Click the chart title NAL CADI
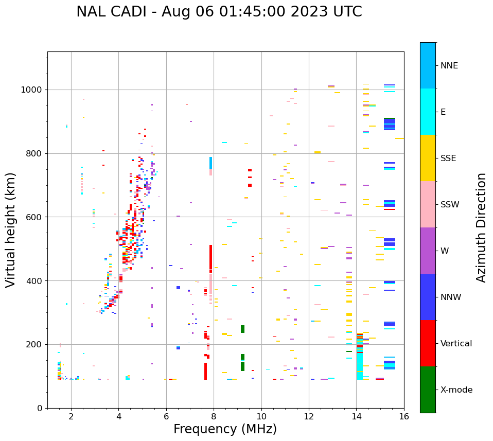coord(219,12)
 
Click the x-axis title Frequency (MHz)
coord(225,429)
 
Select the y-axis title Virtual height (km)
coord(11,230)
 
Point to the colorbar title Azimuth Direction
coord(481,227)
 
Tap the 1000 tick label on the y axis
coord(32,90)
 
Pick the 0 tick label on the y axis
coord(40,408)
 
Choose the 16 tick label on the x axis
coord(404,416)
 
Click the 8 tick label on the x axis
coord(214,416)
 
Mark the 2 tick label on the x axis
coord(71,416)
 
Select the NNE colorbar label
coord(449,66)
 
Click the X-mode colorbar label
coord(456,390)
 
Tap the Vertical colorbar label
coord(456,344)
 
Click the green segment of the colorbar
coord(428,390)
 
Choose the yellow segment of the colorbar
coord(428,158)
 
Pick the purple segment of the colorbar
coord(428,251)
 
